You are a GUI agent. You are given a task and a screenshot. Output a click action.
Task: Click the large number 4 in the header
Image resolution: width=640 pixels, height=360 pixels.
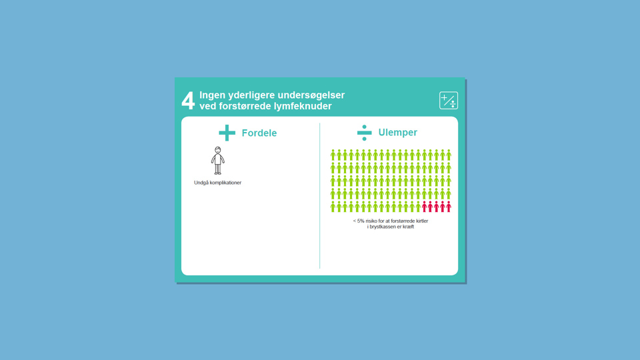[188, 101]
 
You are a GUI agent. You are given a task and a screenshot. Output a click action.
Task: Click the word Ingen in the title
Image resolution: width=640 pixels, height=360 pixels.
[212, 95]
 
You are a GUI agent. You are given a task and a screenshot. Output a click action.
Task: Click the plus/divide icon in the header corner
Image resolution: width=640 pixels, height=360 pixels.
[449, 101]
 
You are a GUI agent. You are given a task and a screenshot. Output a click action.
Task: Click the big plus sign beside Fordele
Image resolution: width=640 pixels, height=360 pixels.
[227, 133]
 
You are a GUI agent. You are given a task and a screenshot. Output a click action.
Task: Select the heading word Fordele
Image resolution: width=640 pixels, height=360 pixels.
[259, 133]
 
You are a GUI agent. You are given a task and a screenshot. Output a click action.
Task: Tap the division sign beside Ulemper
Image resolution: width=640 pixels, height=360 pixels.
[364, 133]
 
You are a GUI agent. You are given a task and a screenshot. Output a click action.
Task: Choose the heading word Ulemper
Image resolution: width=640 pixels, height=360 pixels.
[397, 132]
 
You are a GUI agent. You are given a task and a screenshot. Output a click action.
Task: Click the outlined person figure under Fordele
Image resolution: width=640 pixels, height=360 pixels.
[217, 161]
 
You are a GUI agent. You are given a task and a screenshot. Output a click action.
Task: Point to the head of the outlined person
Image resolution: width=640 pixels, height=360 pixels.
[218, 150]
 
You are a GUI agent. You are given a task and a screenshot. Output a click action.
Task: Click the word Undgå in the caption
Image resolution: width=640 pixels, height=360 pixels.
[201, 183]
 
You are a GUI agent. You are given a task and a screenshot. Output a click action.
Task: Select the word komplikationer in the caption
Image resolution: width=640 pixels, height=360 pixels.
[225, 183]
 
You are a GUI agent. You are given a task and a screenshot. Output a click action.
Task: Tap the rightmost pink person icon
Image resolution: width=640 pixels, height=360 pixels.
[449, 207]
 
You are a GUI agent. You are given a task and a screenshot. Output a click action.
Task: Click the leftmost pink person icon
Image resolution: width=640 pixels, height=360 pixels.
[424, 207]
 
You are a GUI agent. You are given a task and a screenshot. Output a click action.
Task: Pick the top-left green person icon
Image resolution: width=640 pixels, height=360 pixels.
[333, 155]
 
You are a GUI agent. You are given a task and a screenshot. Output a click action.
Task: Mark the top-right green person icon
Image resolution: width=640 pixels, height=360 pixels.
[449, 155]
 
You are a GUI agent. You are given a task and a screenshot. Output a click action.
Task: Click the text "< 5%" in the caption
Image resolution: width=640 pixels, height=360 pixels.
[359, 221]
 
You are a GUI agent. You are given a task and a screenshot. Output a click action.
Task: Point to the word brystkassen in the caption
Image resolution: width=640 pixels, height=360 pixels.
[383, 227]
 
